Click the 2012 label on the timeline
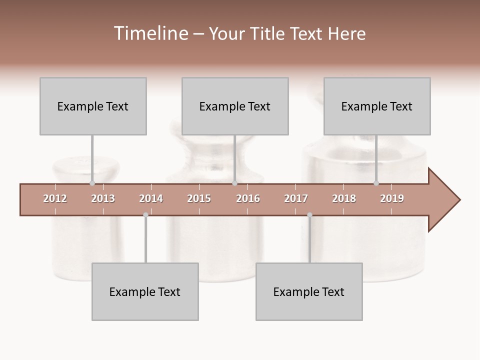pos(55,198)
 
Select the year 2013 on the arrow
pos(103,198)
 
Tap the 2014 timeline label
pos(151,198)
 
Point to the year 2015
pos(199,198)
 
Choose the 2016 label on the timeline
pos(248,198)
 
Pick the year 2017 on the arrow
pos(296,198)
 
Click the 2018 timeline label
pos(344,198)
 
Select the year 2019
pos(392,198)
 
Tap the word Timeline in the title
pos(150,33)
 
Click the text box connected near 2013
pos(93,106)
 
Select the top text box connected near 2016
pos(235,106)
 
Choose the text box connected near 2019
pos(377,106)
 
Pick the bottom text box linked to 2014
pos(145,291)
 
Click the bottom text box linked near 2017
pos(309,291)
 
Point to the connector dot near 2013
pos(92,183)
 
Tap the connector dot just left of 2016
pos(234,183)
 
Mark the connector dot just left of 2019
pos(376,183)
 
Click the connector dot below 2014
pos(145,215)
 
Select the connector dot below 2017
pos(309,215)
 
